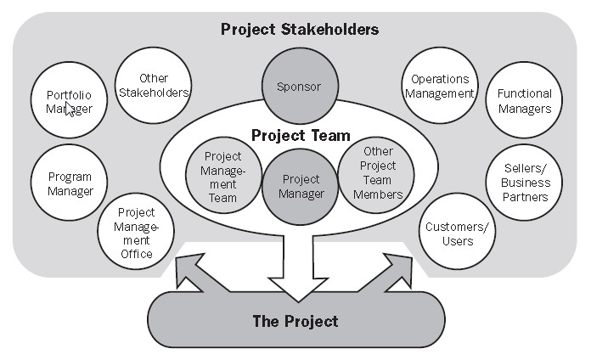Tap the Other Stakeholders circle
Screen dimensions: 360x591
point(153,85)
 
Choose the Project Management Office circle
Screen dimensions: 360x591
point(136,232)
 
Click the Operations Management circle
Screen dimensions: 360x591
point(439,86)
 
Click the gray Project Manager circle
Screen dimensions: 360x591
point(302,187)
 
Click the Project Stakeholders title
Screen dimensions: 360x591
point(300,30)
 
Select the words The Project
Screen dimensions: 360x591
point(295,321)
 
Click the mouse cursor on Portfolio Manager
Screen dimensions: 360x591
point(71,108)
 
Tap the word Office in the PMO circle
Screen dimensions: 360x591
point(136,253)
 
